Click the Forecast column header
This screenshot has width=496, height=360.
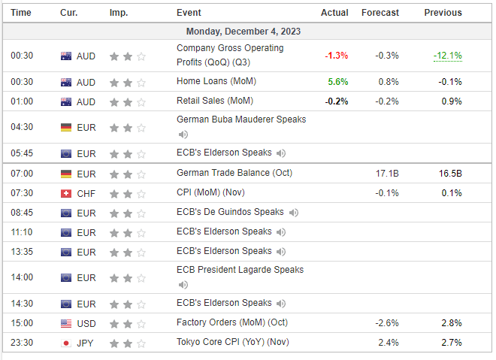(x=380, y=13)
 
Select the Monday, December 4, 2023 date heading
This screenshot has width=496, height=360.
(x=248, y=32)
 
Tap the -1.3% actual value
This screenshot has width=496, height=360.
(x=335, y=56)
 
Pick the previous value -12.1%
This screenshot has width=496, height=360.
(x=447, y=56)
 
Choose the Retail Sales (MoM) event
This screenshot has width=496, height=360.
(x=214, y=101)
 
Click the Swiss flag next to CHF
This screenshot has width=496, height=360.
(x=66, y=193)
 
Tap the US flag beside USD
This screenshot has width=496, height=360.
(x=66, y=323)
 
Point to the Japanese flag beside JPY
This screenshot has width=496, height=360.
(x=66, y=343)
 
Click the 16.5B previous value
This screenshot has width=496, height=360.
(x=450, y=173)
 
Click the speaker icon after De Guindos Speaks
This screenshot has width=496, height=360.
(x=293, y=213)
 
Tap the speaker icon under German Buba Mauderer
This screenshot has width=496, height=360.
(x=183, y=135)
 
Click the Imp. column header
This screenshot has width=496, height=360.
(x=118, y=13)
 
